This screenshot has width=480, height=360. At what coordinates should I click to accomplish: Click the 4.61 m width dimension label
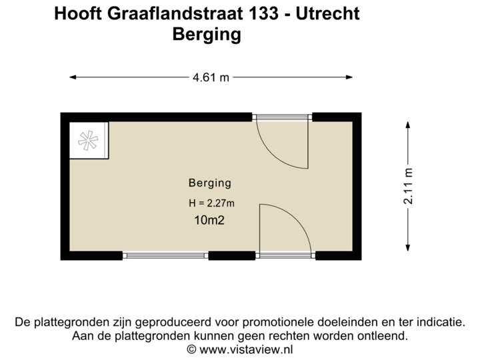pos(211,78)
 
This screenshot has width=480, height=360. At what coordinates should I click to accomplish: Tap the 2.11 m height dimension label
pos(409,185)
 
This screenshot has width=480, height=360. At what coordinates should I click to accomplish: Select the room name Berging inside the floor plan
pos(209,183)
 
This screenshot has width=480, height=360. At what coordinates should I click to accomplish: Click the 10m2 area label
pos(208,221)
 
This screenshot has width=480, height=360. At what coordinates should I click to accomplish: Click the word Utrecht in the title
pos(327,14)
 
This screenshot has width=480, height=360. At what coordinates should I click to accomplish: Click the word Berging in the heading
pos(206,35)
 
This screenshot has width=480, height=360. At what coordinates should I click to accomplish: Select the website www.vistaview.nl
pos(246,348)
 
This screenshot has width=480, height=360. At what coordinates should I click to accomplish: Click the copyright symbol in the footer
pos(191,348)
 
